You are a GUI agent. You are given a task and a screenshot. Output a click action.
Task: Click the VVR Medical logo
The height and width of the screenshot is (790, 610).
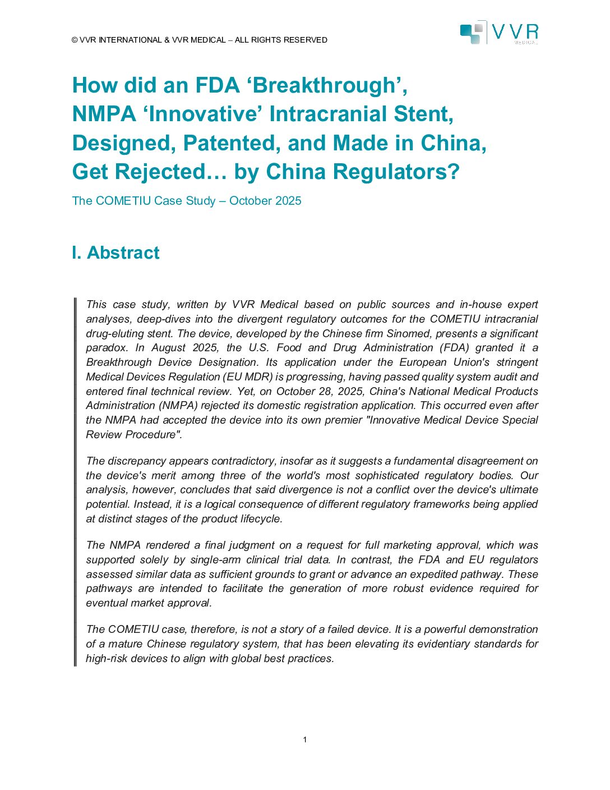pos(498,33)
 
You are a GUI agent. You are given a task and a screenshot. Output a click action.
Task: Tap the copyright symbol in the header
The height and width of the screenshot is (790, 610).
pos(75,40)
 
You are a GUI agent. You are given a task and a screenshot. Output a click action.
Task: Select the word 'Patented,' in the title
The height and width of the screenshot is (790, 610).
pos(232,143)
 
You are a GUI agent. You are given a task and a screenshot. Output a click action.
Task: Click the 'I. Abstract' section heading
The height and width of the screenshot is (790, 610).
pos(115,252)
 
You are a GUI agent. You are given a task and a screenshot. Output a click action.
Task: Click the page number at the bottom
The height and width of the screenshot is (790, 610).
pos(305,740)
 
